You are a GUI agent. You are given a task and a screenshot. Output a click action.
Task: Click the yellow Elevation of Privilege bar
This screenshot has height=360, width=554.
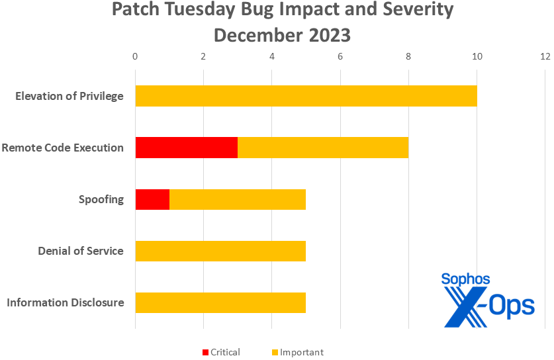[306, 96]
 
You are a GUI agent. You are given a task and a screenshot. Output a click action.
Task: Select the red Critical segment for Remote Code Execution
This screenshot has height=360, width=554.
[186, 148]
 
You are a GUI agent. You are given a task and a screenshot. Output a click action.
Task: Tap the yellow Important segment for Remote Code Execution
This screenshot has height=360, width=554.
[322, 148]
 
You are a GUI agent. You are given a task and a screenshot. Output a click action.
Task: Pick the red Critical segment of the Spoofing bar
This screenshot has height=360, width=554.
[152, 199]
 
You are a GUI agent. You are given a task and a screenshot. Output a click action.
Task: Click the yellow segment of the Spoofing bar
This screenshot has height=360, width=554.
[238, 199]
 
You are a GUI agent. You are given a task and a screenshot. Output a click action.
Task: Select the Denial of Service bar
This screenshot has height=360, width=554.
[220, 251]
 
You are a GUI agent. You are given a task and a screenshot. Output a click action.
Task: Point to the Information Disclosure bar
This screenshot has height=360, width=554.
[220, 302]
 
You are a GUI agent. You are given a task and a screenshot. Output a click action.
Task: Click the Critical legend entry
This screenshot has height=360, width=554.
[220, 352]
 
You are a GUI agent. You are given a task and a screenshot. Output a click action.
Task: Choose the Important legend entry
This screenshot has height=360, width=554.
[297, 352]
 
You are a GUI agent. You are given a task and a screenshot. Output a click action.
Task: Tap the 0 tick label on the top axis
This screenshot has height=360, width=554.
[135, 57]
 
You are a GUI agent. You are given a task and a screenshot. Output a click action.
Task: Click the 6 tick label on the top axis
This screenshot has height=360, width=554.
[340, 57]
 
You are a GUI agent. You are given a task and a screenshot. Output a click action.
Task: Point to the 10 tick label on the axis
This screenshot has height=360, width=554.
[477, 57]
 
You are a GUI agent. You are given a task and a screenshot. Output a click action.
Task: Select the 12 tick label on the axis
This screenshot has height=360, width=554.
[545, 57]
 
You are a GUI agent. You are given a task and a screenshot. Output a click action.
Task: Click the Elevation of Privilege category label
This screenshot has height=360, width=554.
[69, 96]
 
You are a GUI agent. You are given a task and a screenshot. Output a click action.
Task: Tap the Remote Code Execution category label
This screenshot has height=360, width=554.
[63, 148]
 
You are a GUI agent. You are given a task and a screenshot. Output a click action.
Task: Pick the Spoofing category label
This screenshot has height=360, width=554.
[101, 199]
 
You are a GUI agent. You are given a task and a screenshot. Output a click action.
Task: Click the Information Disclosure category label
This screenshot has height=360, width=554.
[66, 302]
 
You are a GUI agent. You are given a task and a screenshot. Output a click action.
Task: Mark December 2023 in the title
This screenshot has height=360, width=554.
[282, 35]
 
